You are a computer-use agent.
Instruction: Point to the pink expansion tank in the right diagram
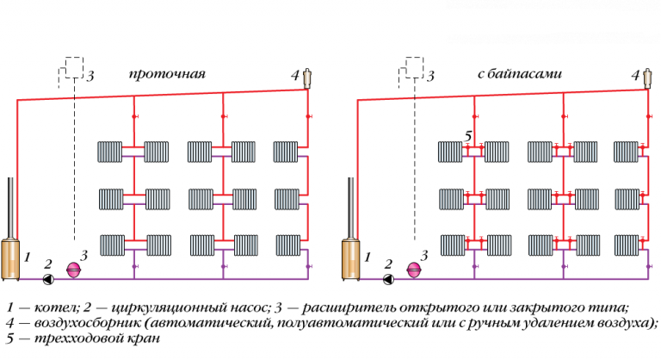[416, 270]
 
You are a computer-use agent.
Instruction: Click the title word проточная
[168, 74]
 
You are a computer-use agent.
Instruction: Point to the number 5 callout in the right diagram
[468, 136]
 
